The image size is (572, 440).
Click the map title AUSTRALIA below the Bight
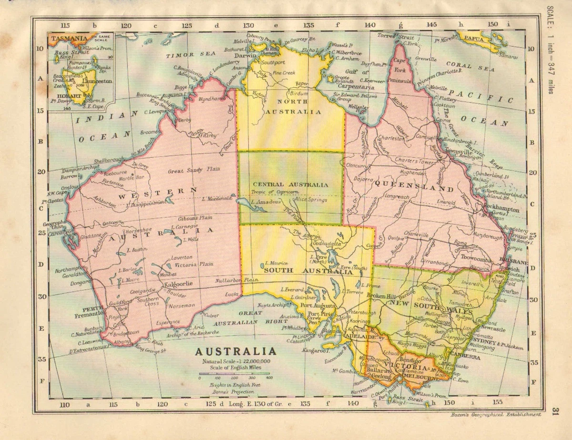coord(235,352)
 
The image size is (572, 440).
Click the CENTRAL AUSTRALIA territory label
coord(290,184)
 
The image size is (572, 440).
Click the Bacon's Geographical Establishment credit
coord(495,415)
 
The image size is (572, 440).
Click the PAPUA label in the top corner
coord(475,39)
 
